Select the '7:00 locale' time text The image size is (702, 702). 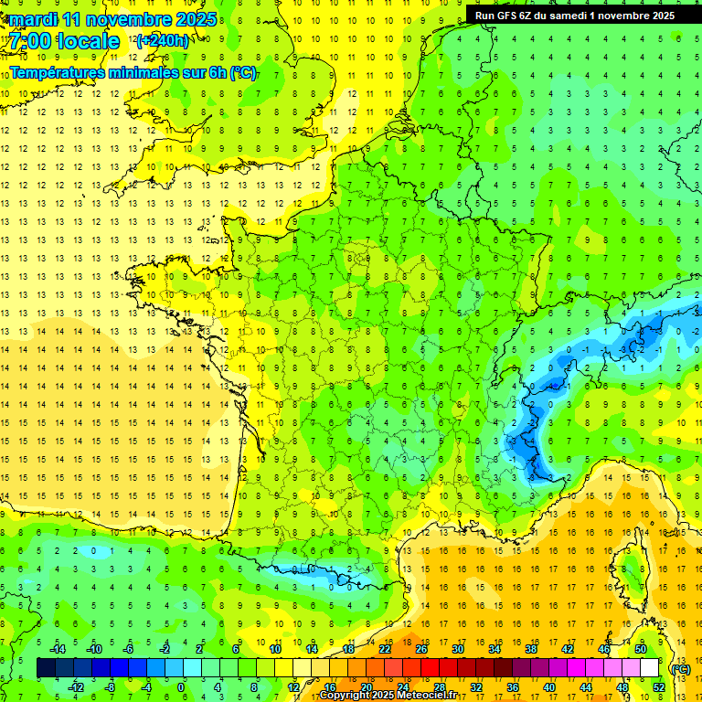coord(65,41)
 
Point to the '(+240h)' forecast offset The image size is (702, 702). coord(163,41)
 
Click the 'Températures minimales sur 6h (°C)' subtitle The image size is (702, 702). coord(133,72)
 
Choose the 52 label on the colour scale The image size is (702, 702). coord(659,687)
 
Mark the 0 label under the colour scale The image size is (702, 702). coord(180,687)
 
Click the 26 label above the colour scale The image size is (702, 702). coord(421,649)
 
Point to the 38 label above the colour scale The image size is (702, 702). coord(530,649)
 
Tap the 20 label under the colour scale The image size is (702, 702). coord(366,687)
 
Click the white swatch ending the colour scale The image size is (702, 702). coord(650,668)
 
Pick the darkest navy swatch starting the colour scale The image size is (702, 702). coord(47,668)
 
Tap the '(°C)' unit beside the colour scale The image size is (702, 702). coord(680,669)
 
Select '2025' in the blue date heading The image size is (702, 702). coord(197,19)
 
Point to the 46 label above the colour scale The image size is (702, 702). coord(603,649)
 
